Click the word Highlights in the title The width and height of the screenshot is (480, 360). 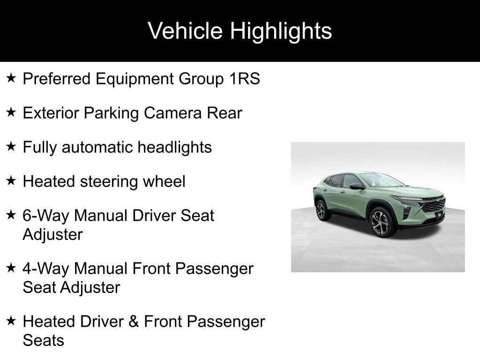pyautogui.click(x=281, y=31)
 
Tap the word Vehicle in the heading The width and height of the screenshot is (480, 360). pyautogui.click(x=185, y=31)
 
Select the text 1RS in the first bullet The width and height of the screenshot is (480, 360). pyautogui.click(x=244, y=79)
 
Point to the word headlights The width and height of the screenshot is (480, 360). pyautogui.click(x=174, y=147)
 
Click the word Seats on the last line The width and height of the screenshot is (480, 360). pyautogui.click(x=43, y=340)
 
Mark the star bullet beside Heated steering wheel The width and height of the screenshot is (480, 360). pyautogui.click(x=11, y=181)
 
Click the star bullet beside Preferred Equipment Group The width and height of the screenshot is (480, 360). pyautogui.click(x=11, y=78)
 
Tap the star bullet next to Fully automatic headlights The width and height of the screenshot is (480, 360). pyautogui.click(x=11, y=147)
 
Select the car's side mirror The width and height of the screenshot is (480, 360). pyautogui.click(x=357, y=187)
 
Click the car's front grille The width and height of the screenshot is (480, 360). pyautogui.click(x=434, y=205)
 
